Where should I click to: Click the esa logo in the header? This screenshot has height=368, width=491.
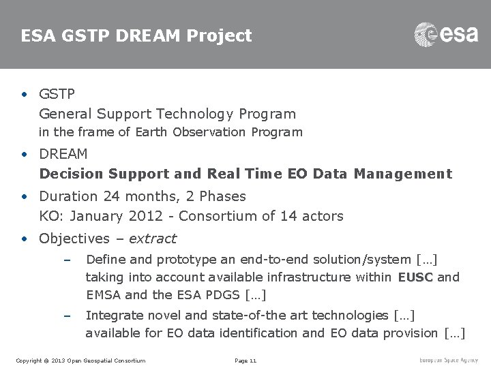(x=446, y=34)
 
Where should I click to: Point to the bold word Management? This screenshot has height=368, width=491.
(x=402, y=174)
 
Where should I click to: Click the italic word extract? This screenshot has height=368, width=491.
(x=152, y=239)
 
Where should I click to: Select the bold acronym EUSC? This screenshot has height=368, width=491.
(x=415, y=277)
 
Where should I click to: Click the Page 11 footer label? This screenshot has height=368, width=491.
(x=245, y=360)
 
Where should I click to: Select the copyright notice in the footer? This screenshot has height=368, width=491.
(x=80, y=360)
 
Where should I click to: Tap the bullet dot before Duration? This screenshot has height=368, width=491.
(x=25, y=196)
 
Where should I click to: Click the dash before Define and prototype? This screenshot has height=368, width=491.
(x=66, y=260)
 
